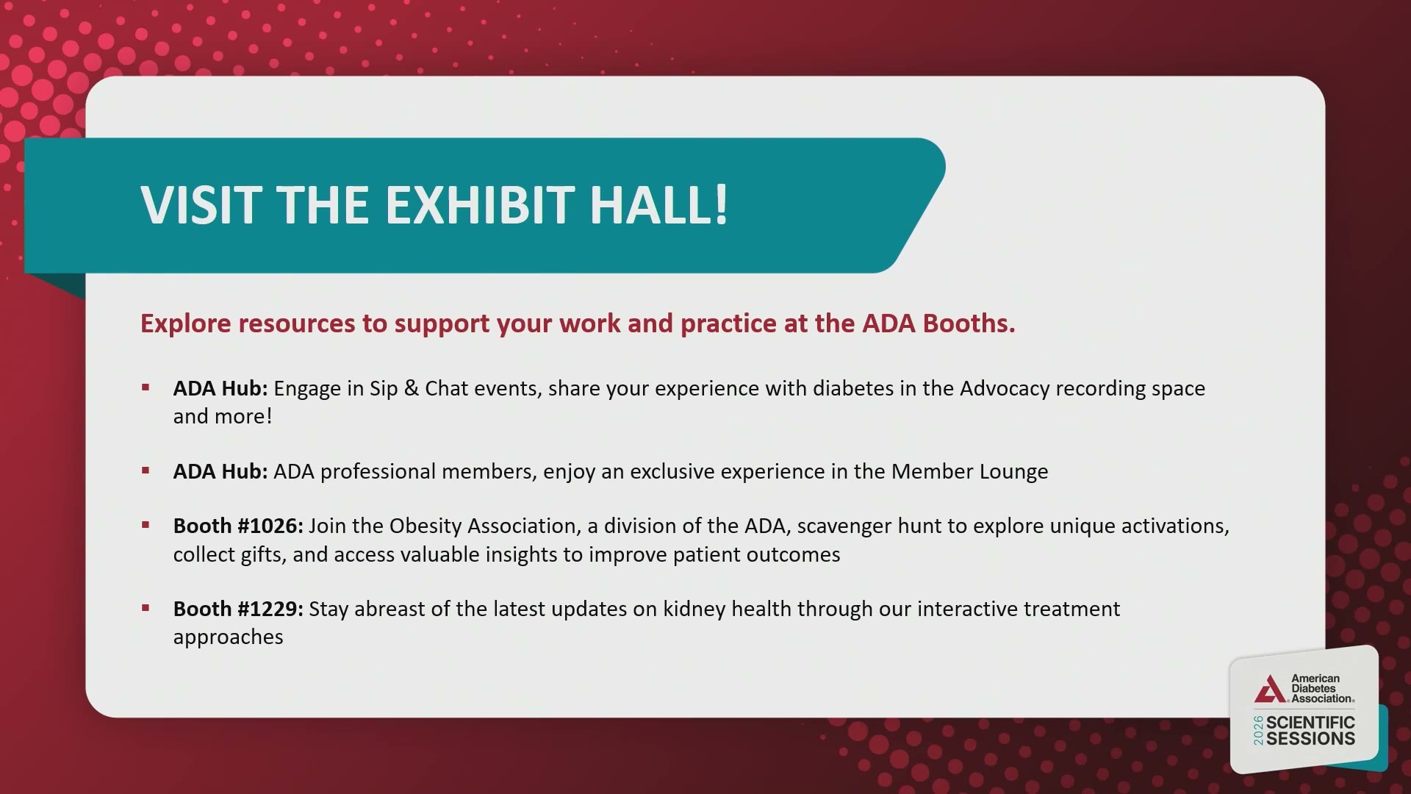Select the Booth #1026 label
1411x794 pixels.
pyautogui.click(x=238, y=526)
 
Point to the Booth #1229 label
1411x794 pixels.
pyautogui.click(x=238, y=609)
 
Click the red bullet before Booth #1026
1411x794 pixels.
pyautogui.click(x=146, y=525)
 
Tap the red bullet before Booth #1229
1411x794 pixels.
pyautogui.click(x=146, y=608)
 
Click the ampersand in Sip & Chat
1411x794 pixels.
pyautogui.click(x=412, y=388)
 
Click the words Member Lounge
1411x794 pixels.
pyautogui.click(x=970, y=472)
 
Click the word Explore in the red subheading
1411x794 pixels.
pyautogui.click(x=186, y=324)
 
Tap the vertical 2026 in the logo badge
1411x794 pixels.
pyautogui.click(x=1258, y=730)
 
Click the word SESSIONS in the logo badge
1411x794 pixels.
pyautogui.click(x=1310, y=739)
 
